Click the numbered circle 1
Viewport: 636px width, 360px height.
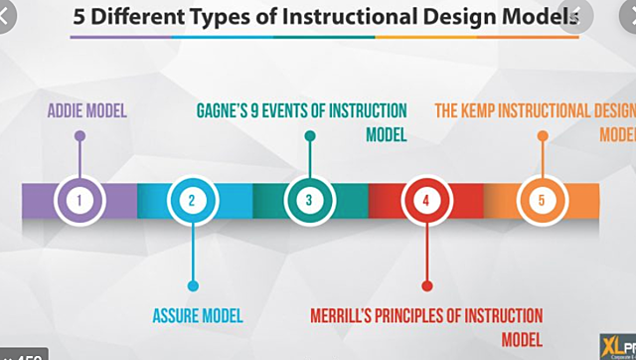point(79,200)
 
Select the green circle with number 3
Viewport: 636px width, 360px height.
point(309,200)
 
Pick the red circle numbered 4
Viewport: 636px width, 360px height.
point(425,200)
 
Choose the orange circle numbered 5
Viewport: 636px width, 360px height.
point(542,200)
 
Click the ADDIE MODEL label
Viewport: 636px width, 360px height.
point(87,110)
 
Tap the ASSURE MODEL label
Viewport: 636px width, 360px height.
point(198,316)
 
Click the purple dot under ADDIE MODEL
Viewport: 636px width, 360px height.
point(79,136)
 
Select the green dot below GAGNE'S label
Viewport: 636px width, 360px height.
point(309,135)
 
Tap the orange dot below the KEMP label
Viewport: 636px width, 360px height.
point(542,135)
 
